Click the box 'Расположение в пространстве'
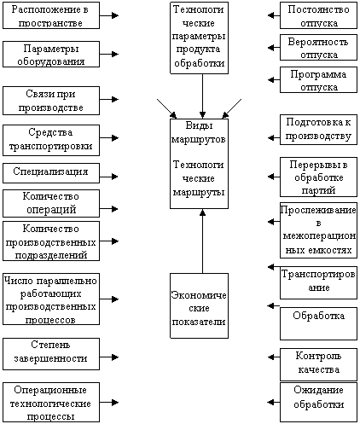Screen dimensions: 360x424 [51, 15]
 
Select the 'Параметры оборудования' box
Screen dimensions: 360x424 [51, 54]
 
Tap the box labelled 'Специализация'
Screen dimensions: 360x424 [51, 173]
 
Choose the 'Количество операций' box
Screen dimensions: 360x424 [51, 203]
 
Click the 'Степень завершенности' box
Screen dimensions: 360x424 [51, 354]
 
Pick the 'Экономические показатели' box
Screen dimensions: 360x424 [199, 305]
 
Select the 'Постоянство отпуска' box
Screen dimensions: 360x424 [318, 15]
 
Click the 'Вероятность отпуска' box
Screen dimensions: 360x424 [318, 48]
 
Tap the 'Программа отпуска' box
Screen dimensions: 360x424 [318, 80]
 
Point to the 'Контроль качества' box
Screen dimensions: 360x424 [318, 364]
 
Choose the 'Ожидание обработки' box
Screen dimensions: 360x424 [318, 402]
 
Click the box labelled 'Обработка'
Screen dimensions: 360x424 [318, 323]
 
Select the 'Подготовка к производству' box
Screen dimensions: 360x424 [318, 130]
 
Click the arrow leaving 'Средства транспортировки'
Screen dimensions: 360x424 [109, 138]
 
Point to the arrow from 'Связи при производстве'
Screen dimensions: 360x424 [109, 99]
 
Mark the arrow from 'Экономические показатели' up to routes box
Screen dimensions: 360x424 [202, 241]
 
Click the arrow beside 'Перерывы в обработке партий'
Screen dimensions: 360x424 [274, 177]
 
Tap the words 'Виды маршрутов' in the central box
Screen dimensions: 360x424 [199, 132]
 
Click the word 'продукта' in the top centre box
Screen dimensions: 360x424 [198, 49]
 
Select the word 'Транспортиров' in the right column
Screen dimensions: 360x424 [318, 274]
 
